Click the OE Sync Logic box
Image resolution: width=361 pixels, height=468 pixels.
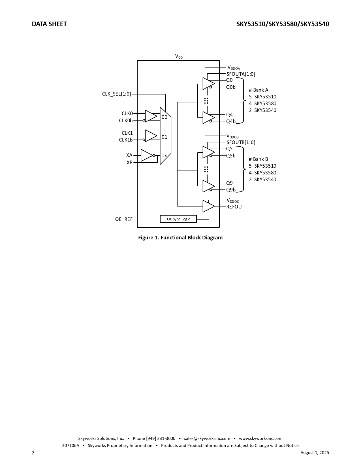(178, 219)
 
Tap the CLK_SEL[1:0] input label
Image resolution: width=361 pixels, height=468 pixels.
(117, 94)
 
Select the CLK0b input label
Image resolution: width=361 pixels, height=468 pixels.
(126, 120)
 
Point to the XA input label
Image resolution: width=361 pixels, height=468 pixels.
(129, 155)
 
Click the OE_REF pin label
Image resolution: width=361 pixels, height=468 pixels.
(124, 219)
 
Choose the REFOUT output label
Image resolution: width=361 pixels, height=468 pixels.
(235, 207)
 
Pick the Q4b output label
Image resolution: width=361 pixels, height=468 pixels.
(231, 121)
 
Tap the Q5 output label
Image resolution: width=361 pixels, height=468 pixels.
(229, 149)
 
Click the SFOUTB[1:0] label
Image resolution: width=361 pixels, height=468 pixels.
(241, 142)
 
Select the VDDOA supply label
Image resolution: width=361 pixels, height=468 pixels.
(234, 68)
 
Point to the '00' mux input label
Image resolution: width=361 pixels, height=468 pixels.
(165, 117)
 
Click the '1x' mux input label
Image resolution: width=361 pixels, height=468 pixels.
(164, 155)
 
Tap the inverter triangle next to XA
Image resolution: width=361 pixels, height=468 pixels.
(147, 155)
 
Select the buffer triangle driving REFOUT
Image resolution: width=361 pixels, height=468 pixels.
(209, 206)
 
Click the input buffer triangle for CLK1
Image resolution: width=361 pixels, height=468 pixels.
(151, 136)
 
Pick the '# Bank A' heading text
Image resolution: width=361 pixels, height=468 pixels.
(259, 90)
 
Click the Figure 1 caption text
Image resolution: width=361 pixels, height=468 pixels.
(180, 238)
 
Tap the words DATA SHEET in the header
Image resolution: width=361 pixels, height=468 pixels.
(49, 24)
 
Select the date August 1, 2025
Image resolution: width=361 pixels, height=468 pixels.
(315, 452)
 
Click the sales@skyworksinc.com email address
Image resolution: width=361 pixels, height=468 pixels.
(207, 438)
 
